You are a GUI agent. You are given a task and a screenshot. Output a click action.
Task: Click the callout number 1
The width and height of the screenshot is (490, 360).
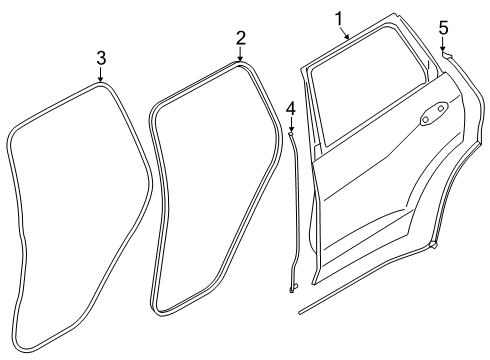(338, 17)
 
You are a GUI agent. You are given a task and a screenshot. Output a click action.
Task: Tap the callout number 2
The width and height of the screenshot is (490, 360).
(240, 38)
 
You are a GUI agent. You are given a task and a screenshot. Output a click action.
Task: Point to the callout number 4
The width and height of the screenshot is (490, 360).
(290, 107)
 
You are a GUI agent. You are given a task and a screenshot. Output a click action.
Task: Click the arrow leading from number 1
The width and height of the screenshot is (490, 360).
(346, 32)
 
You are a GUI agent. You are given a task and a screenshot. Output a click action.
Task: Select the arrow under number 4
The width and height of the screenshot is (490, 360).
(290, 124)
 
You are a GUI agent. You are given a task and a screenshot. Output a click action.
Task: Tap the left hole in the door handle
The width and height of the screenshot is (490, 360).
(425, 119)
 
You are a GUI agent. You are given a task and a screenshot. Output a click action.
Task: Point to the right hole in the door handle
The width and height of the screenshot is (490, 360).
(440, 107)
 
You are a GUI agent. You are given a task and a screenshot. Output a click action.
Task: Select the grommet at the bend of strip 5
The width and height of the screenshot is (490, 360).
(433, 243)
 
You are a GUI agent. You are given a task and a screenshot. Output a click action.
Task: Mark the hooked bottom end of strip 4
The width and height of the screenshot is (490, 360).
(293, 290)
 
